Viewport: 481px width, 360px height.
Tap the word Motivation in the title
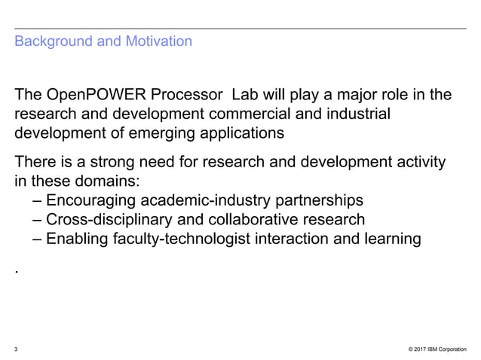pos(155,41)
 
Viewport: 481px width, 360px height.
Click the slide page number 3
pos(17,349)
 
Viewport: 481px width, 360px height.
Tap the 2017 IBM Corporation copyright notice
pos(437,349)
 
